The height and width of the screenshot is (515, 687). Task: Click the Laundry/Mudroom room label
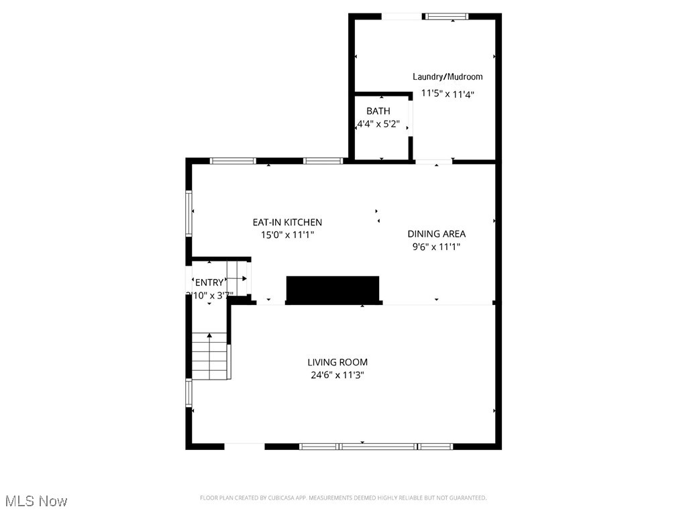coord(447,77)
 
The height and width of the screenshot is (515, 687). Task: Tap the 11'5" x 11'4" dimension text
coord(447,95)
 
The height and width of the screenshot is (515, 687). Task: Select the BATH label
coord(378,111)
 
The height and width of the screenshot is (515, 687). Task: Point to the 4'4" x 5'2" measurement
coord(378,124)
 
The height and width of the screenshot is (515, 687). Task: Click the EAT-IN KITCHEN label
coord(287,222)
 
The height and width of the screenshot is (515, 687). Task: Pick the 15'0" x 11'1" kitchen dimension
coord(287,235)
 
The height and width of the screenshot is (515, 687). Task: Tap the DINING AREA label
coord(436,234)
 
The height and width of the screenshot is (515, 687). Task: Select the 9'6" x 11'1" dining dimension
coord(436,247)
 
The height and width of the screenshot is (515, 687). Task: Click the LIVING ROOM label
coord(337,362)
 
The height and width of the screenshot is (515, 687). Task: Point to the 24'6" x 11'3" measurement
coord(337,376)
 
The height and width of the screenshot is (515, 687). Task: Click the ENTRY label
coord(209,282)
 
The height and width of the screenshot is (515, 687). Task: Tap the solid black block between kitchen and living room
coord(333,290)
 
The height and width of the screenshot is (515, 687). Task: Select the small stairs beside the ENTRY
coord(237,277)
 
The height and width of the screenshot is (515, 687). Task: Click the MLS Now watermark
coord(36,501)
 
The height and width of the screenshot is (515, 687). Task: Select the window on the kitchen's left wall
coord(189,213)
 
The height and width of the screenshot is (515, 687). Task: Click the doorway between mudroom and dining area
coord(433,162)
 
